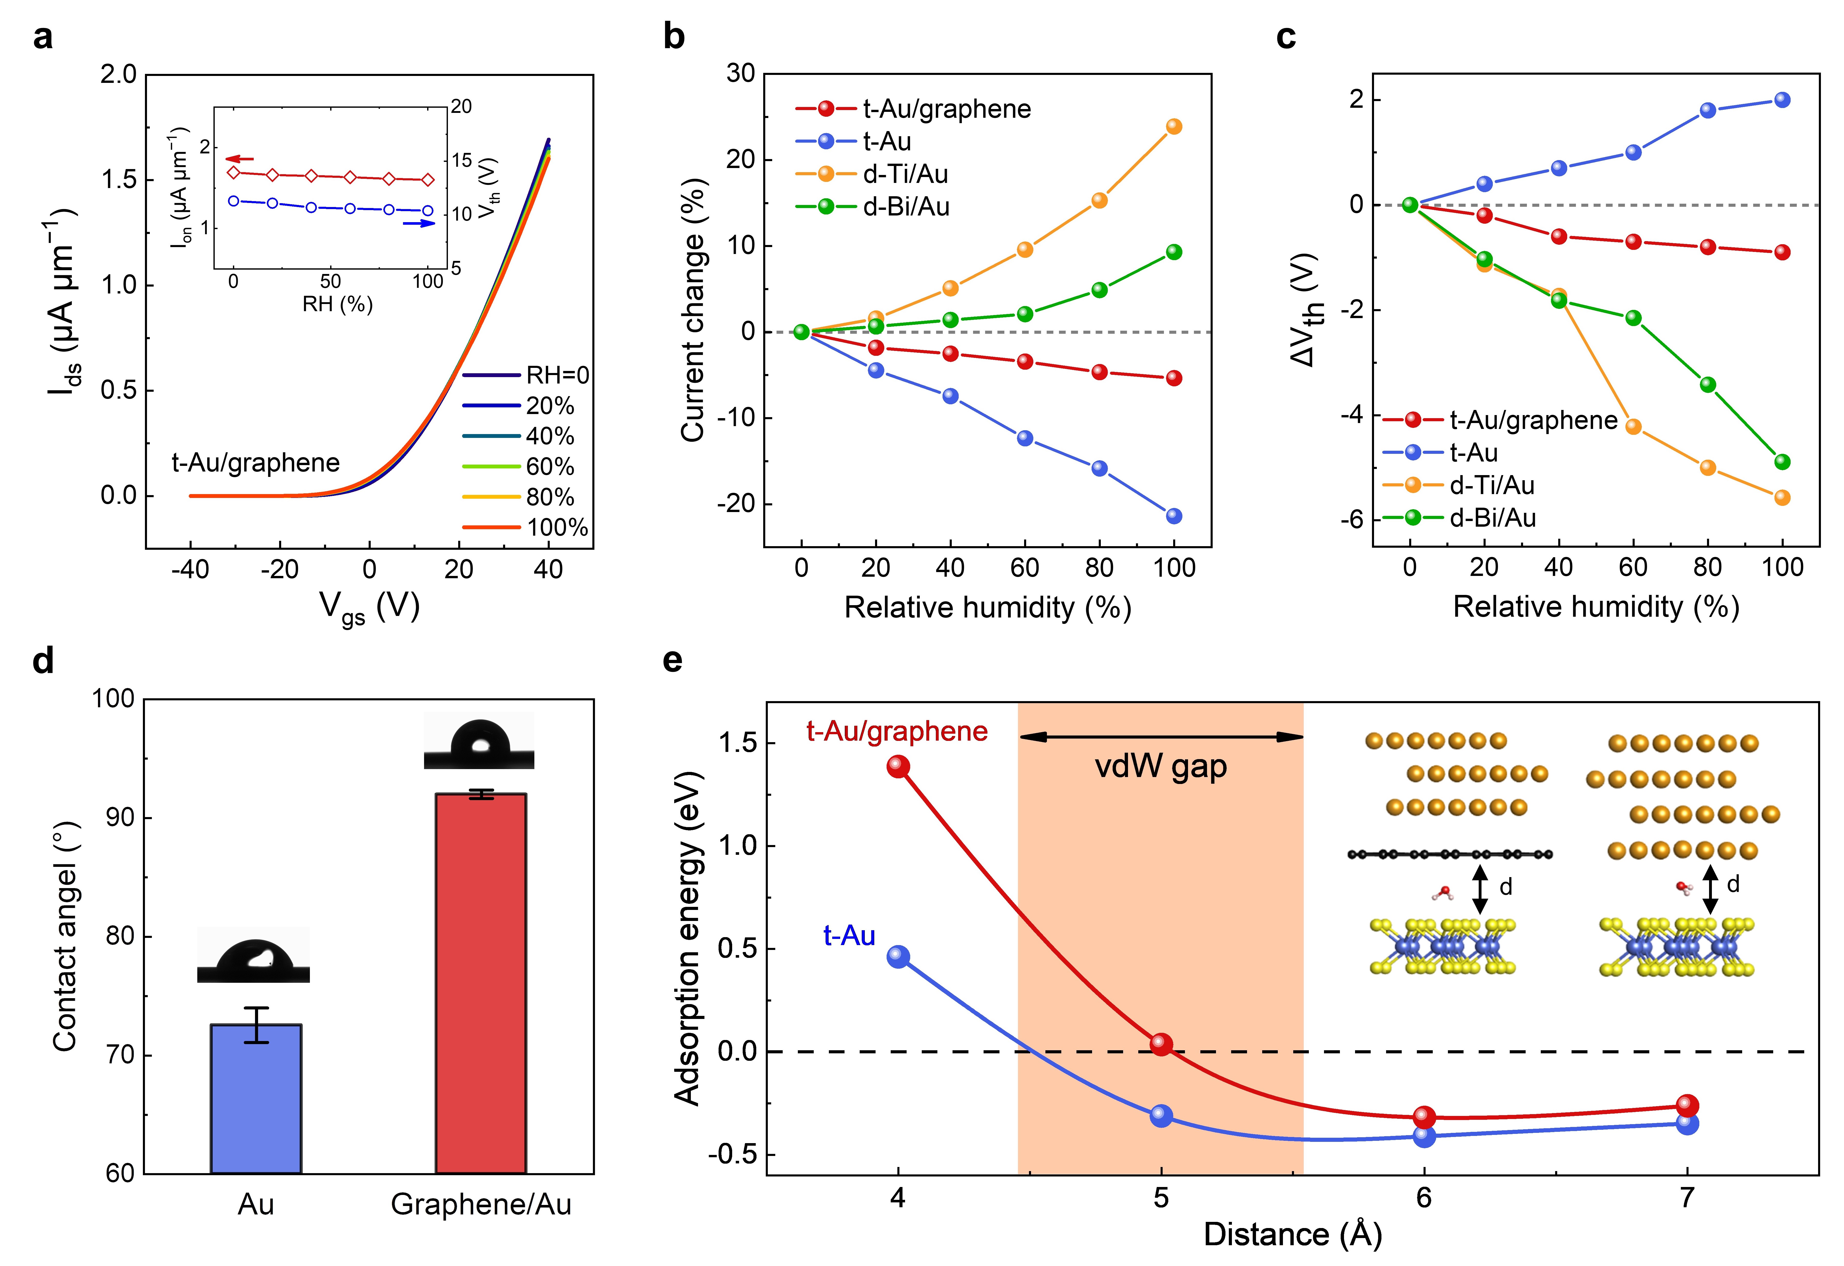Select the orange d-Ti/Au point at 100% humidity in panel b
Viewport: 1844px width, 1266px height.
point(1173,127)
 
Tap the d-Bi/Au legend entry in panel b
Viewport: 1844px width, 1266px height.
point(873,207)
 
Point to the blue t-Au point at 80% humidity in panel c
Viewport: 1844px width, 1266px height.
point(1708,110)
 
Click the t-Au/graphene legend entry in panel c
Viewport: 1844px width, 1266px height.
point(1500,420)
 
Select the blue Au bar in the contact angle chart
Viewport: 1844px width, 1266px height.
point(256,1099)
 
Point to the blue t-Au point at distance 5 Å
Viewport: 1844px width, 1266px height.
point(1161,1115)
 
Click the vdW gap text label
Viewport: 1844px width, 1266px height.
point(1161,767)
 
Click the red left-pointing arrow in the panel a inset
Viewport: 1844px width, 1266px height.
point(240,159)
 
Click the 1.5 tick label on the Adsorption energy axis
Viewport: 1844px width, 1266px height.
point(736,743)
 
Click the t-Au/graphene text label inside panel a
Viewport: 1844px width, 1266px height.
point(256,463)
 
